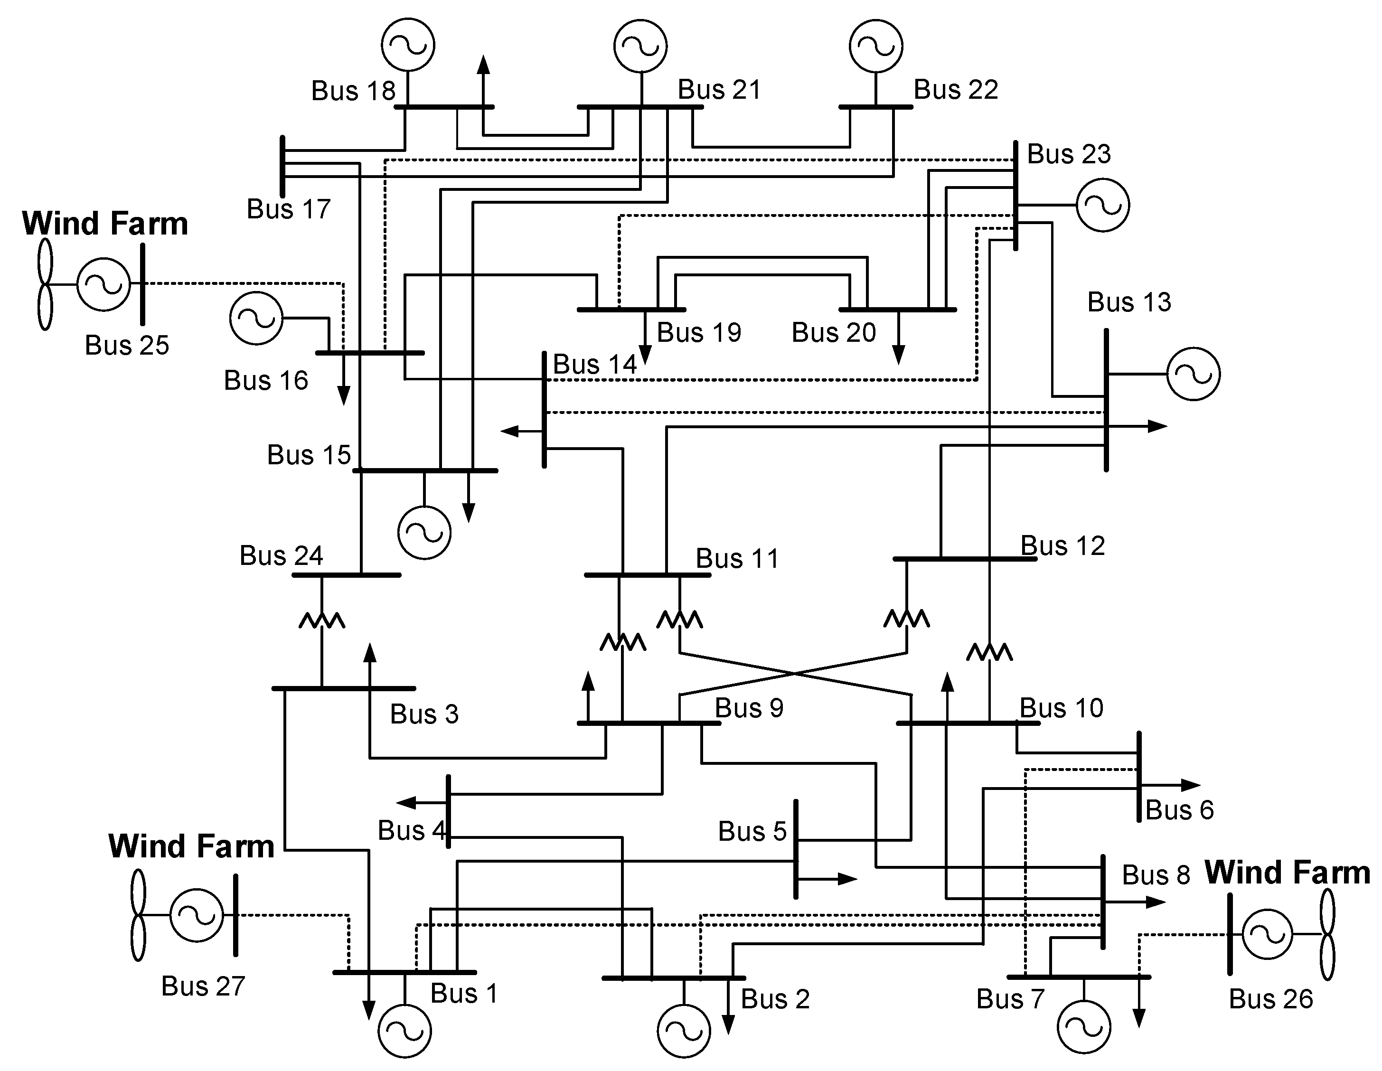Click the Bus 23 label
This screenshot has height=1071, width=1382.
[1068, 154]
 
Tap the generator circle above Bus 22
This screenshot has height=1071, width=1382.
[876, 46]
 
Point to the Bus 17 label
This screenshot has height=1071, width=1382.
[289, 209]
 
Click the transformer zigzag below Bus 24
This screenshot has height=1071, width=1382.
[321, 620]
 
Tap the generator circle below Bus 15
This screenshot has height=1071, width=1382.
[424, 532]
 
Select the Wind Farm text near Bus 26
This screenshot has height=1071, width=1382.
[1287, 873]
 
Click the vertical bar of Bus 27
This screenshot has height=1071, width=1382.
[235, 915]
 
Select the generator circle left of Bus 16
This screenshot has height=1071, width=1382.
[255, 318]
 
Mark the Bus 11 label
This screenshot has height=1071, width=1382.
[737, 559]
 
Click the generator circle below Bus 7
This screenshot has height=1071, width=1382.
[1083, 1027]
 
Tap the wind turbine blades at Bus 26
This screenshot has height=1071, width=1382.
[1327, 934]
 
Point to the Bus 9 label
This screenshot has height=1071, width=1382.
[749, 708]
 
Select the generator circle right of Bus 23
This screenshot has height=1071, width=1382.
[1102, 205]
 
